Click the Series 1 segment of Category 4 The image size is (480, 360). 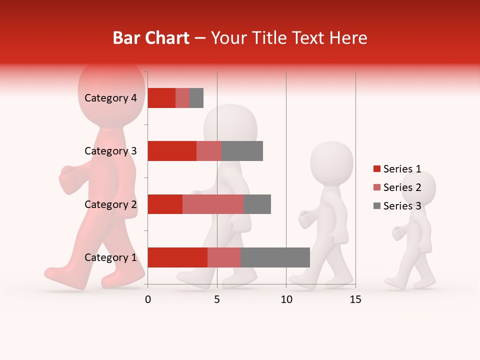point(161,98)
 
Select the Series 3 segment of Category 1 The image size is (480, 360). point(275,257)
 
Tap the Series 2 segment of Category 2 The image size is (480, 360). point(213,204)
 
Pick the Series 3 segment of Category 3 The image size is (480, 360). point(242,151)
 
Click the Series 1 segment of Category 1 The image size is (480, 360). point(177,257)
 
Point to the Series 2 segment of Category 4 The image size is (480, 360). point(182,98)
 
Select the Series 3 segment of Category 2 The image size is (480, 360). point(257,204)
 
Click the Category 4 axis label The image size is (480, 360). point(110,98)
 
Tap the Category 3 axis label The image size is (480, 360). point(110,151)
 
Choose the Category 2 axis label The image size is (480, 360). point(110,204)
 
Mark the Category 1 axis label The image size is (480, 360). point(110,257)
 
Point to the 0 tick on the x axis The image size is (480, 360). point(148,299)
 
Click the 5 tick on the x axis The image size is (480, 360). point(217,299)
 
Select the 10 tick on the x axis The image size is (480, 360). point(286,299)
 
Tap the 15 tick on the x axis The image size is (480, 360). point(355,299)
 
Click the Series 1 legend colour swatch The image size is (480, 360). point(377,169)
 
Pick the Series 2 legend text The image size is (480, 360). point(402,187)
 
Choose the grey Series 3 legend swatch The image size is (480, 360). point(377,206)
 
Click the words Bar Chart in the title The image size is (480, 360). point(151,38)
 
